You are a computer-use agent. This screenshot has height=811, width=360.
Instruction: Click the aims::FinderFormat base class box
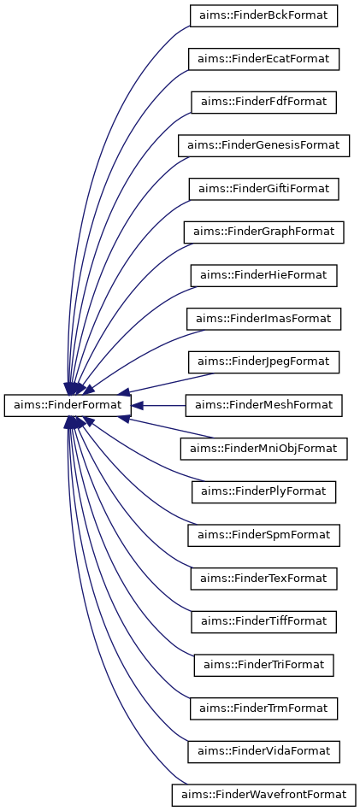pyautogui.click(x=67, y=405)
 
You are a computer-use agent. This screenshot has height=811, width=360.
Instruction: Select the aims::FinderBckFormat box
pyautogui.click(x=263, y=15)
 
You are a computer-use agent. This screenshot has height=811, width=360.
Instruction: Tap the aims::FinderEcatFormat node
pyautogui.click(x=263, y=58)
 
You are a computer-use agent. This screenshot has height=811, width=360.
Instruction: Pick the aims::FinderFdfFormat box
pyautogui.click(x=263, y=102)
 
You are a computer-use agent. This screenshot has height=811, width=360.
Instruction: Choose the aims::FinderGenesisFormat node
pyautogui.click(x=263, y=144)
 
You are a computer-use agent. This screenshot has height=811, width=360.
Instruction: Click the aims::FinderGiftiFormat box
pyautogui.click(x=263, y=188)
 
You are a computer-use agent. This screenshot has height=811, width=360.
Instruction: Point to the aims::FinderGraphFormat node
pyautogui.click(x=263, y=232)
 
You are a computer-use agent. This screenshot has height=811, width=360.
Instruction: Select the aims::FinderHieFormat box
pyautogui.click(x=263, y=275)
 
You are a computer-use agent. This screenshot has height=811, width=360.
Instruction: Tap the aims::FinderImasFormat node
pyautogui.click(x=263, y=319)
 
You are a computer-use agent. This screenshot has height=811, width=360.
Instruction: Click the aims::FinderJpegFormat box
pyautogui.click(x=263, y=361)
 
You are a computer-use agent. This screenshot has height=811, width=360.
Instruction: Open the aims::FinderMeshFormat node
pyautogui.click(x=263, y=405)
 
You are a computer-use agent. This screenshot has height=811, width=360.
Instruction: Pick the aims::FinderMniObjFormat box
pyautogui.click(x=263, y=448)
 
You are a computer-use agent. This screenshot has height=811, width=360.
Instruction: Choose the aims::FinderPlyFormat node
pyautogui.click(x=263, y=491)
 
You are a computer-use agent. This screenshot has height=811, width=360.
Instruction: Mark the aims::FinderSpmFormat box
pyautogui.click(x=263, y=535)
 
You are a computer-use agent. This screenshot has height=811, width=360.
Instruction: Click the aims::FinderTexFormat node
pyautogui.click(x=263, y=579)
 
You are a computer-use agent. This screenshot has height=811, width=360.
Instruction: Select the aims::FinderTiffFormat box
pyautogui.click(x=263, y=621)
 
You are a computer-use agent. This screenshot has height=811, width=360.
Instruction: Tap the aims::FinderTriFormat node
pyautogui.click(x=263, y=665)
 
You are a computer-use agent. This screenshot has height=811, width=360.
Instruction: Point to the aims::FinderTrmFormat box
pyautogui.click(x=263, y=708)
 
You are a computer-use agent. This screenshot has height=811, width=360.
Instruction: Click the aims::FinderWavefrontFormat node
pyautogui.click(x=263, y=795)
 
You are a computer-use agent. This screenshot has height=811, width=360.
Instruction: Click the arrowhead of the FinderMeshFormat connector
pyautogui.click(x=137, y=405)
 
